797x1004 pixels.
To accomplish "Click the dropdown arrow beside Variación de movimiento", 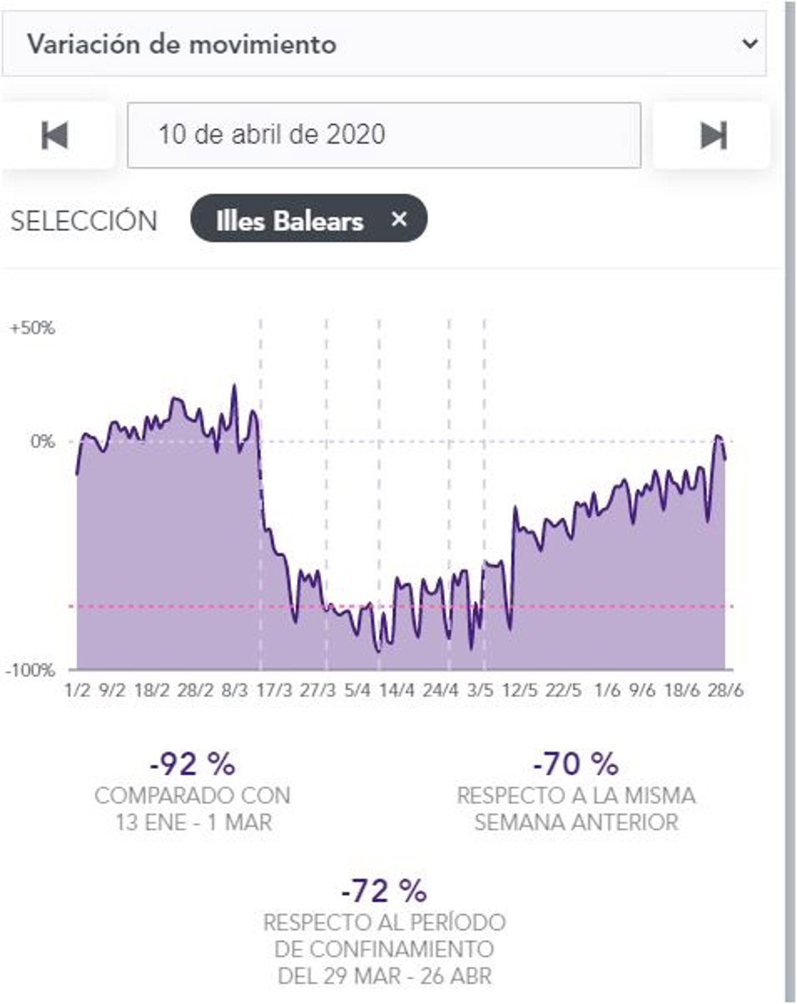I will pyautogui.click(x=750, y=44).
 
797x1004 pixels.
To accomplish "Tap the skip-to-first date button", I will pyautogui.click(x=54, y=135).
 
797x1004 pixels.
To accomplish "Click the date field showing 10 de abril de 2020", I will pyautogui.click(x=384, y=135).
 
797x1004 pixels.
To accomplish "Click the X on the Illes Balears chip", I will pyautogui.click(x=398, y=219).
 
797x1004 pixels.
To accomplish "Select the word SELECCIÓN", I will pyautogui.click(x=84, y=221).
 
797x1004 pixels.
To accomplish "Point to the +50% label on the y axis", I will pyautogui.click(x=33, y=328).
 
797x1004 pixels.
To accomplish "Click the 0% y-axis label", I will pyautogui.click(x=42, y=442).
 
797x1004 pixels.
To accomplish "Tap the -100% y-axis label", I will pyautogui.click(x=31, y=670).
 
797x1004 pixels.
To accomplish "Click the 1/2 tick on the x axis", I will pyautogui.click(x=77, y=691).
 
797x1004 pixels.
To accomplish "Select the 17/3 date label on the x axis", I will pyautogui.click(x=274, y=691).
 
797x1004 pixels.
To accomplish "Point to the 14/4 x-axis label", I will pyautogui.click(x=397, y=691).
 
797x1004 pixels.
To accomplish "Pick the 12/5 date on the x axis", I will pyautogui.click(x=519, y=691).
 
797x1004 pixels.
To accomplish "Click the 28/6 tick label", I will pyautogui.click(x=725, y=691).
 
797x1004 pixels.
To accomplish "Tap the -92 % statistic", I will pyautogui.click(x=193, y=764).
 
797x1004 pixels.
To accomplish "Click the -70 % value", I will pyautogui.click(x=576, y=764).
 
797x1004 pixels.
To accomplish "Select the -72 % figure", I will pyautogui.click(x=384, y=891).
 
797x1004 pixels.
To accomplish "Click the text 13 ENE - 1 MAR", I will pyautogui.click(x=193, y=823).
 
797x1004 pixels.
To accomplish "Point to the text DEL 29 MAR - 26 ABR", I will pyautogui.click(x=385, y=976).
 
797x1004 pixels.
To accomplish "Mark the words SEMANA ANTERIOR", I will pyautogui.click(x=576, y=823).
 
